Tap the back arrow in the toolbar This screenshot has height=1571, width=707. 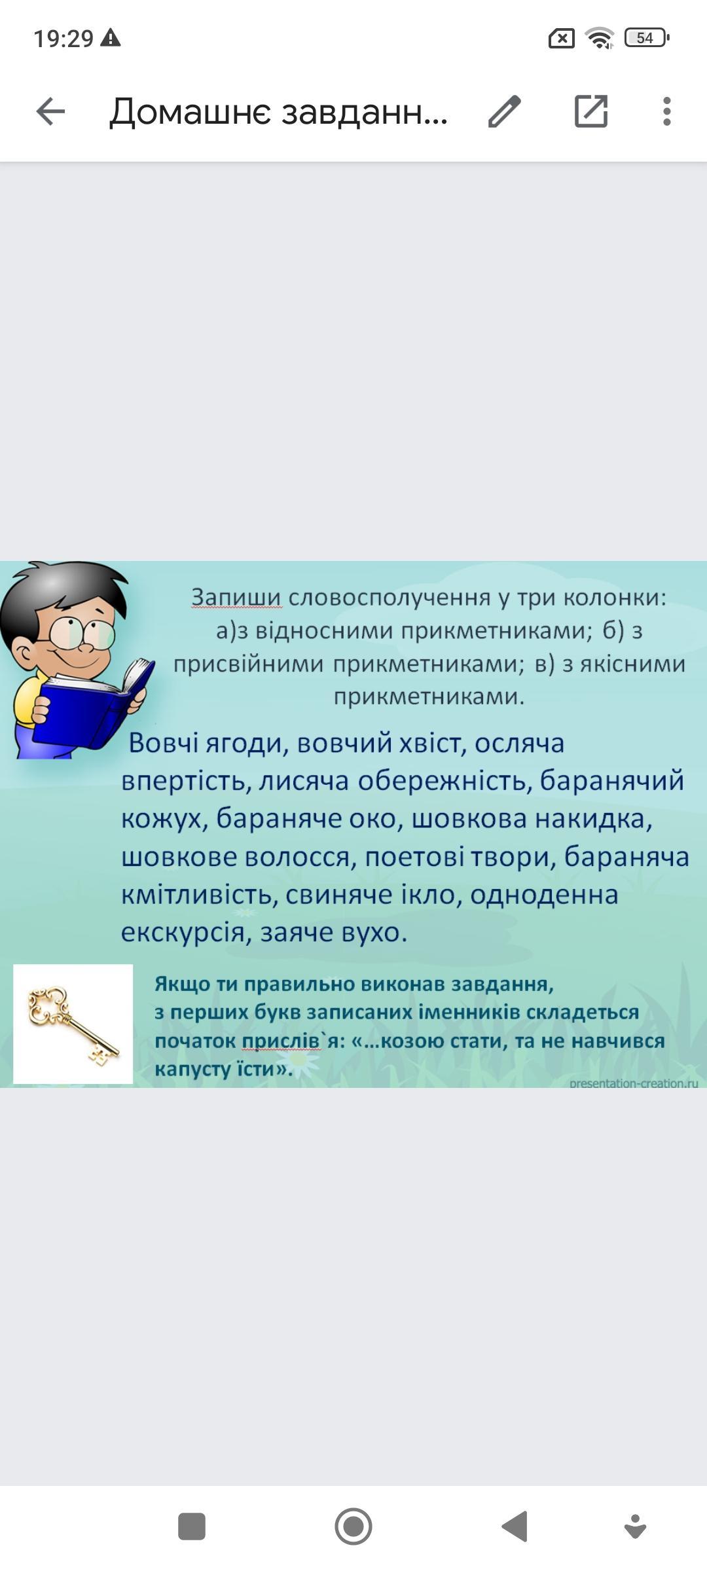click(50, 111)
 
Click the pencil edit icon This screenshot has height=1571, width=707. click(504, 111)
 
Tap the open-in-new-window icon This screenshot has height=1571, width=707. click(591, 111)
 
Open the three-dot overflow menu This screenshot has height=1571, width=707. click(666, 111)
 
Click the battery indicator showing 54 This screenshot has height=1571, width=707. click(647, 38)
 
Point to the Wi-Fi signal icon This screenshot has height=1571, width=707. click(600, 38)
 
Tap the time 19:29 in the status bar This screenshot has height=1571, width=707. click(63, 39)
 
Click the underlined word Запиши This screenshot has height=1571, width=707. click(236, 598)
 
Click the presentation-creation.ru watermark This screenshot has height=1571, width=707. click(634, 1083)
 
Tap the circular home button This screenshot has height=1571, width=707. click(353, 1526)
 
